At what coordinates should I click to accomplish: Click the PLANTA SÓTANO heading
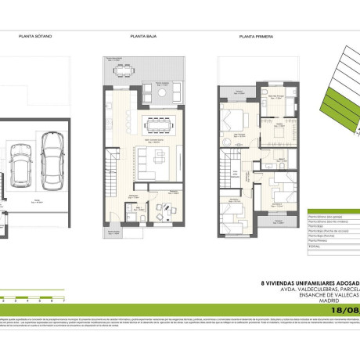[36, 37]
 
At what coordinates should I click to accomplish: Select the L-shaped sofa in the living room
[148, 159]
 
